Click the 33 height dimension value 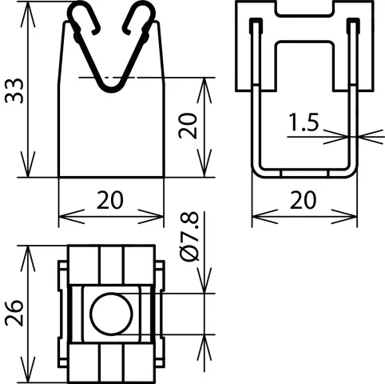coord(14,90)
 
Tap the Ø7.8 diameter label coord(189,237)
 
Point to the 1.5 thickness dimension coord(304,122)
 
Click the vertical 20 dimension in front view coord(188,126)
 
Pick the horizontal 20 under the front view coord(110,200)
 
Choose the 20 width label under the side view coord(304,200)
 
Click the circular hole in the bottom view coord(111,314)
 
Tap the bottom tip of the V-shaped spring coord(112,90)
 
